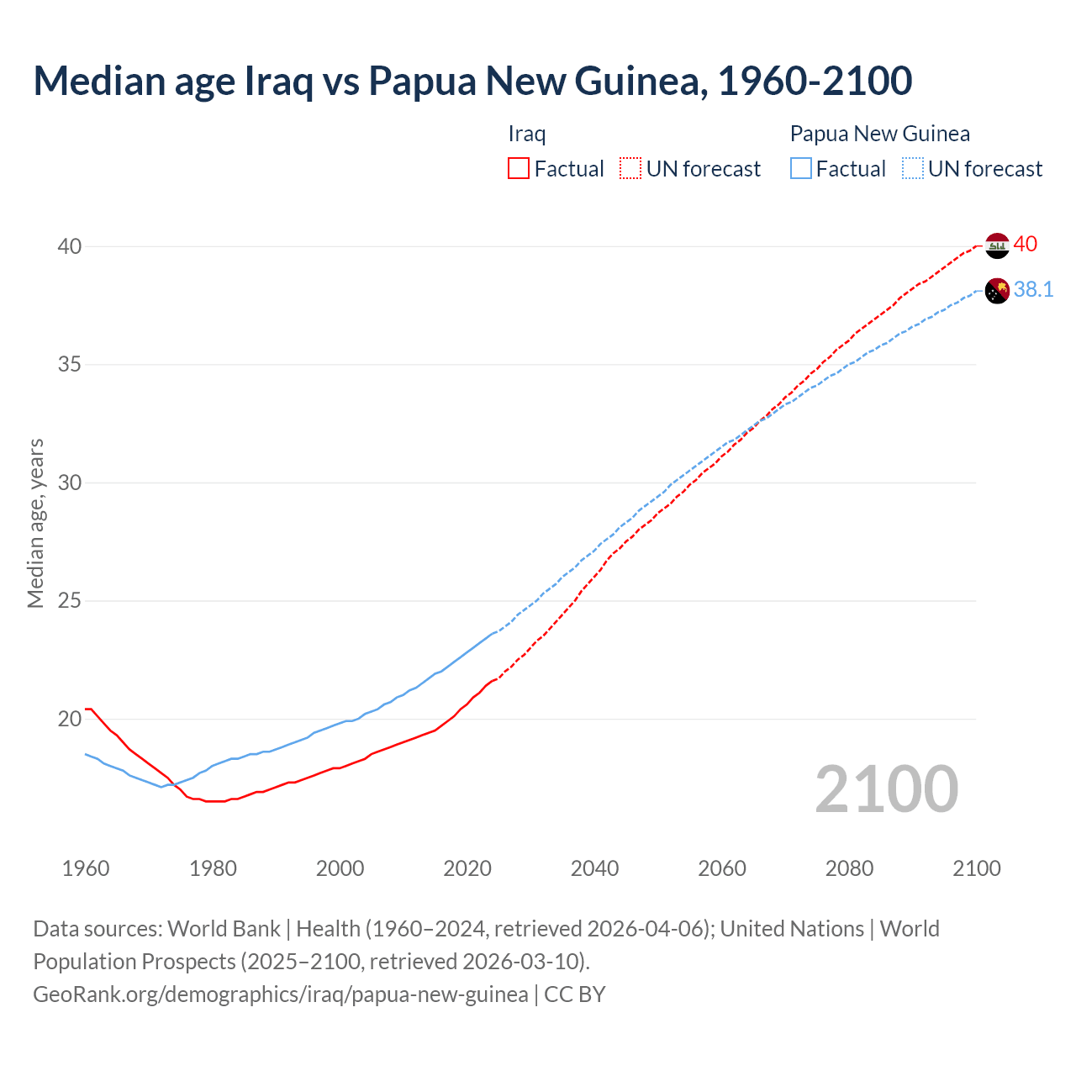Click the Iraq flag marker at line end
pyautogui.click(x=996, y=245)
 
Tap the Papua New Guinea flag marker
pyautogui.click(x=996, y=291)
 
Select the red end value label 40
pyautogui.click(x=1026, y=245)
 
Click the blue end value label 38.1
pyautogui.click(x=1033, y=290)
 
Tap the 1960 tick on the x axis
pyautogui.click(x=86, y=868)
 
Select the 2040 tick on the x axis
pyautogui.click(x=594, y=868)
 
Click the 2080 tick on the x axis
pyautogui.click(x=849, y=868)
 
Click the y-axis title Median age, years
pyautogui.click(x=35, y=523)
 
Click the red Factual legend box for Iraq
pyautogui.click(x=519, y=169)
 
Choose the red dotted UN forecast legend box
pyautogui.click(x=630, y=169)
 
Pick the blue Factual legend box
pyautogui.click(x=801, y=169)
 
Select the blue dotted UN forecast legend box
pyautogui.click(x=912, y=169)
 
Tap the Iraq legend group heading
pyautogui.click(x=527, y=134)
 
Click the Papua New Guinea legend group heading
pyautogui.click(x=879, y=134)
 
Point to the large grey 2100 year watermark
pyautogui.click(x=886, y=789)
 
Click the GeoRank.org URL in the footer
pyautogui.click(x=281, y=994)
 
